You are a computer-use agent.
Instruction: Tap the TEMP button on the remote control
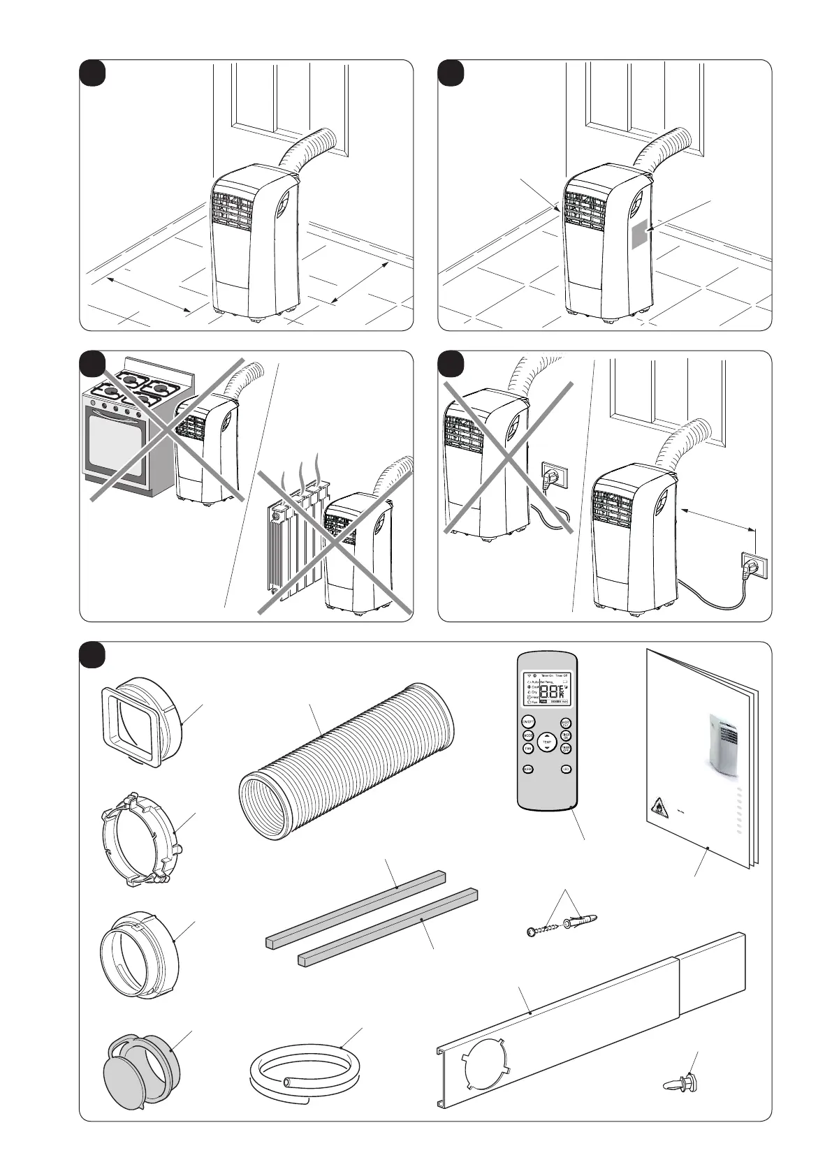click(546, 742)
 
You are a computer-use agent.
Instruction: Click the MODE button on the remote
click(528, 735)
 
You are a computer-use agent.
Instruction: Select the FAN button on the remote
click(528, 749)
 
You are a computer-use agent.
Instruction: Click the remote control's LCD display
click(547, 688)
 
